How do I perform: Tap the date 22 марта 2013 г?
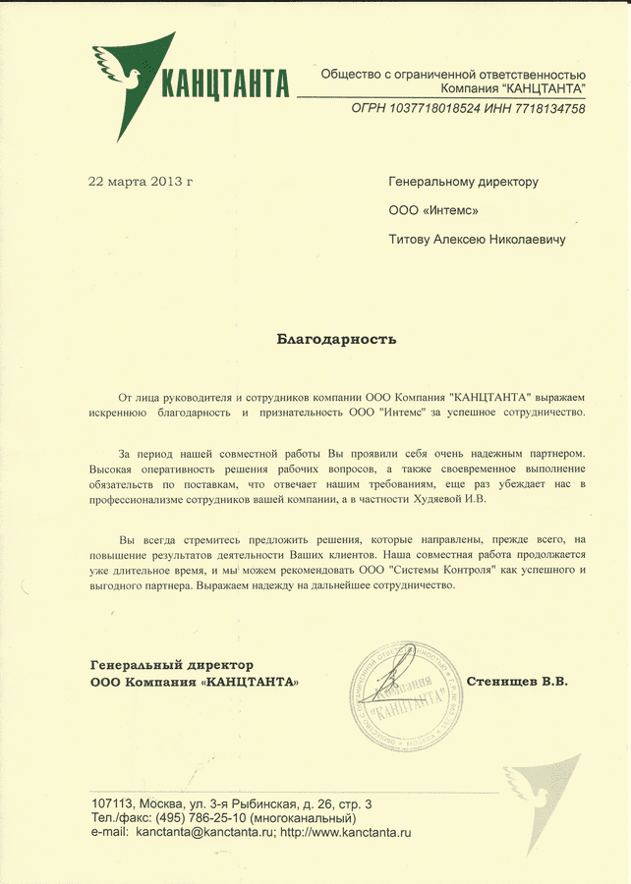coord(141,182)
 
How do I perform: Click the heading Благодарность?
coord(336,339)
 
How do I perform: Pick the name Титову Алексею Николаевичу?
coord(477,239)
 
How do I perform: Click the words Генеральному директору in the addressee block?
coord(463,182)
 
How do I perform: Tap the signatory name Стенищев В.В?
coord(517,681)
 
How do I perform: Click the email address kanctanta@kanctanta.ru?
coord(203,832)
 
